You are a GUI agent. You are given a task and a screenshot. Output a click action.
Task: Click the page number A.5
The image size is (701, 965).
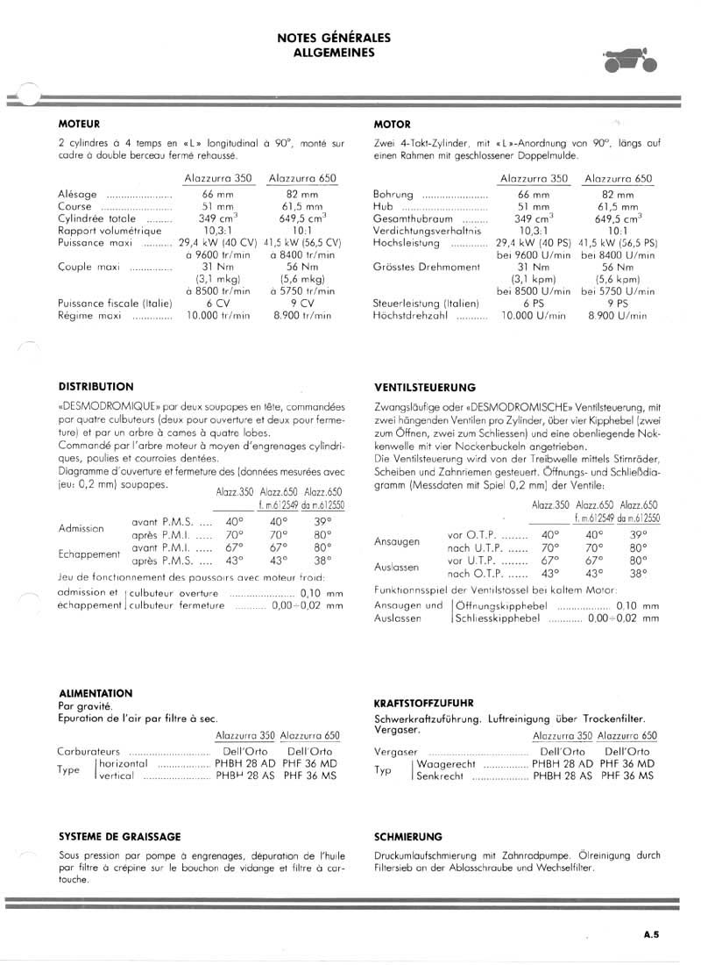pyautogui.click(x=651, y=935)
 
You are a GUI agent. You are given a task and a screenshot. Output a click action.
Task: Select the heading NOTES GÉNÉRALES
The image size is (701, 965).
pyautogui.click(x=333, y=38)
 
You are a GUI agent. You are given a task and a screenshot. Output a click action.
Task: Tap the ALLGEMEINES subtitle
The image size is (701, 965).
pyautogui.click(x=333, y=52)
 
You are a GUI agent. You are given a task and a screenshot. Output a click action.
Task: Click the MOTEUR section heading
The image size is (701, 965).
pyautogui.click(x=79, y=124)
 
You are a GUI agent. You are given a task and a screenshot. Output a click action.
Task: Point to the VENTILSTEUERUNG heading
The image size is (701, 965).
pyautogui.click(x=424, y=387)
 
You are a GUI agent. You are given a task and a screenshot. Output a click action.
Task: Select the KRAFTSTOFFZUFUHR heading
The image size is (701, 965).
pyautogui.click(x=424, y=703)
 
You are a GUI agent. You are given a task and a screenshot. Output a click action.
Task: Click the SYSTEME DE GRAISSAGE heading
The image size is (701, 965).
pyautogui.click(x=119, y=836)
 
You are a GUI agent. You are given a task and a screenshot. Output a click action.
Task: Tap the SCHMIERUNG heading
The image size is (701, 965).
pyautogui.click(x=407, y=836)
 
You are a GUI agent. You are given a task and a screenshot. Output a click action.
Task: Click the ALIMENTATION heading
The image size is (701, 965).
pyautogui.click(x=96, y=692)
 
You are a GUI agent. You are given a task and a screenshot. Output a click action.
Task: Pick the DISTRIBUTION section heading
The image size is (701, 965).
pyautogui.click(x=96, y=386)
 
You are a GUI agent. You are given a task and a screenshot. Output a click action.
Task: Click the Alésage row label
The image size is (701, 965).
pyautogui.click(x=77, y=194)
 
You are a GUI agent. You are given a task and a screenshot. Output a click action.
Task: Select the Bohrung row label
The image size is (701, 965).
pyautogui.click(x=393, y=194)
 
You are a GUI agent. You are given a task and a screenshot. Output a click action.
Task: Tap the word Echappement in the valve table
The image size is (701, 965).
pyautogui.click(x=89, y=554)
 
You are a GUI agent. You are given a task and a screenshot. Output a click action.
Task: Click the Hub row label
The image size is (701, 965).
pyautogui.click(x=382, y=206)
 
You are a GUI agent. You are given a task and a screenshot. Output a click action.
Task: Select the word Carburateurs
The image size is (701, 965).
pyautogui.click(x=91, y=752)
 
